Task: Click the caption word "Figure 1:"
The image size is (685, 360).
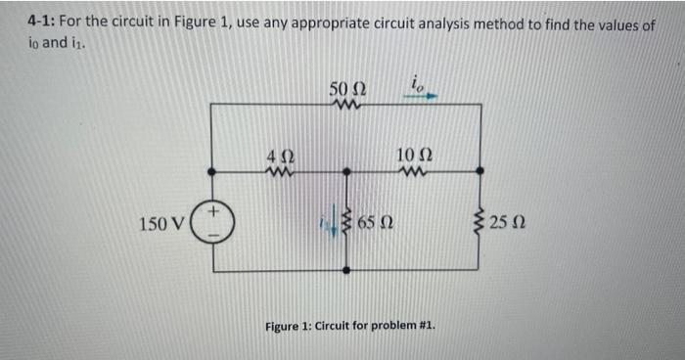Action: pyautogui.click(x=292, y=324)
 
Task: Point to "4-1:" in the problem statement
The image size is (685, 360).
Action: pyautogui.click(x=42, y=25)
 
